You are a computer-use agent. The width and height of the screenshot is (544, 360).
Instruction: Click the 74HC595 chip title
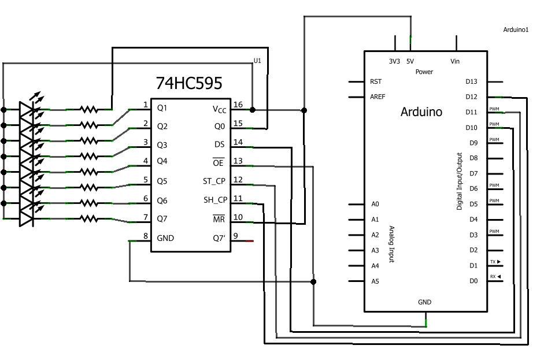tap(189, 84)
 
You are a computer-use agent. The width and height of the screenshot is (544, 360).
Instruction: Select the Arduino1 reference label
tap(516, 29)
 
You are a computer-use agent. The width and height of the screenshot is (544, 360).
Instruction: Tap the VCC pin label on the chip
tap(219, 109)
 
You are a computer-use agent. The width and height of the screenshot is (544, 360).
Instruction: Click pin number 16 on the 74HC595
tap(238, 105)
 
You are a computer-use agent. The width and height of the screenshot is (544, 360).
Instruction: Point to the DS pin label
tap(220, 144)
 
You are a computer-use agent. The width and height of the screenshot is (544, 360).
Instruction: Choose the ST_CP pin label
tap(214, 181)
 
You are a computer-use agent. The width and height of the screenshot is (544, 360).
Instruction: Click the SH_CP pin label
tap(215, 200)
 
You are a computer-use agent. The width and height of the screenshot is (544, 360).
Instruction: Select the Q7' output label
tap(219, 238)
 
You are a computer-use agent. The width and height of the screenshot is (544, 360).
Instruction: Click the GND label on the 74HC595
tap(165, 238)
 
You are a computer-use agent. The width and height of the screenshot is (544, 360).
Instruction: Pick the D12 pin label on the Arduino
tap(472, 97)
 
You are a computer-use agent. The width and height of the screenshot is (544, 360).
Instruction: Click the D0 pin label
tap(473, 281)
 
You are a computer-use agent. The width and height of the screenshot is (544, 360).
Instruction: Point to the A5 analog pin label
tap(375, 281)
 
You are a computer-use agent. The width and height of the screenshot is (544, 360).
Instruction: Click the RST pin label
tap(376, 81)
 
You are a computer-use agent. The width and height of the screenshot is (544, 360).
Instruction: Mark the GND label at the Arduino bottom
tap(424, 302)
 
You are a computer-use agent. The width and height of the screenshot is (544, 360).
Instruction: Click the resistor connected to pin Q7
tap(88, 218)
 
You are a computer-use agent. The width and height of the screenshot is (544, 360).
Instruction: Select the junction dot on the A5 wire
tap(313, 281)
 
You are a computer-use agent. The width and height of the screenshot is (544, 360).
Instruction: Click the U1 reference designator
tap(258, 61)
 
